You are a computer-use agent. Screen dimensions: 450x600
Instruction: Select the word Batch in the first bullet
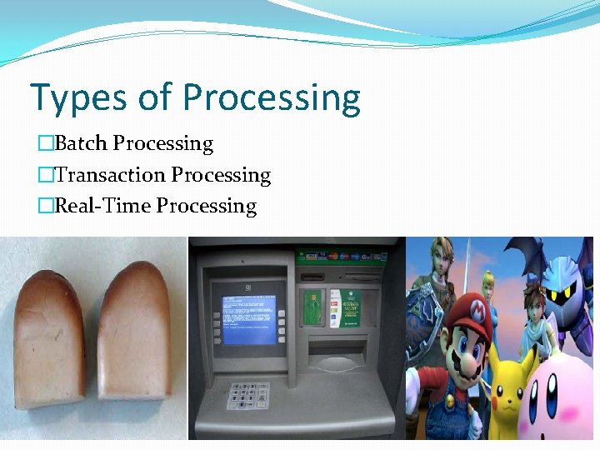click(x=81, y=143)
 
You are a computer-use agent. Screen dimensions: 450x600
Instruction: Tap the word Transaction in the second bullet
click(x=110, y=175)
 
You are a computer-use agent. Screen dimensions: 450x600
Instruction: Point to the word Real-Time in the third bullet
click(x=102, y=206)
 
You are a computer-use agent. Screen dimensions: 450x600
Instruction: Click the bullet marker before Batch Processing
click(x=45, y=144)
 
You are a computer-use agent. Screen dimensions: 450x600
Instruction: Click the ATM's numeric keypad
click(x=250, y=396)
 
